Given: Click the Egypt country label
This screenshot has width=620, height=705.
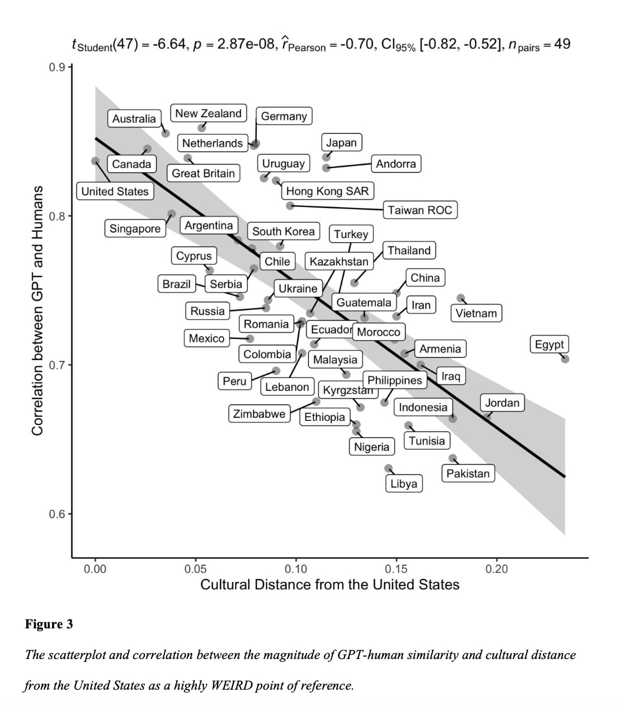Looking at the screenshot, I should [549, 344].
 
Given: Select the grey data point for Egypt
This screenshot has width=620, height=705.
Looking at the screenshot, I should [565, 359].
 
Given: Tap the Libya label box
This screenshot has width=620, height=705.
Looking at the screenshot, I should [404, 484].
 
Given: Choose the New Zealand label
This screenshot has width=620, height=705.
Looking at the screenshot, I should [208, 113].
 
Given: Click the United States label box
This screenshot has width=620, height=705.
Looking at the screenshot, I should [115, 191].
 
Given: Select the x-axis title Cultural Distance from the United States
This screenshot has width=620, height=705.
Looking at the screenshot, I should [329, 585].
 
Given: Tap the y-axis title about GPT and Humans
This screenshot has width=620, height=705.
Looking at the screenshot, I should [37, 311].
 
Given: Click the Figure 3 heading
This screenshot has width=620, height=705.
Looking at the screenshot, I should [49, 624].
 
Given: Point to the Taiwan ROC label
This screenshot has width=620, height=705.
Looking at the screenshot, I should [420, 210].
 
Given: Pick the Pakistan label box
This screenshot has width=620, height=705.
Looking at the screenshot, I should [468, 473].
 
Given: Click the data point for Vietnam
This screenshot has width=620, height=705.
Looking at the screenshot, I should [461, 299].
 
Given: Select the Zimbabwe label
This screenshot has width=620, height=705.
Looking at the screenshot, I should [259, 414].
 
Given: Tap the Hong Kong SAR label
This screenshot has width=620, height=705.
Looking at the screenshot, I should [327, 190].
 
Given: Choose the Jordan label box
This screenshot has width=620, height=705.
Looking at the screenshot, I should [502, 403].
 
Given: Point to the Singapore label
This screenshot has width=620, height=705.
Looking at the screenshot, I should [135, 229].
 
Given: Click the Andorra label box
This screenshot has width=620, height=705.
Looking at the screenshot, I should [396, 163].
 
